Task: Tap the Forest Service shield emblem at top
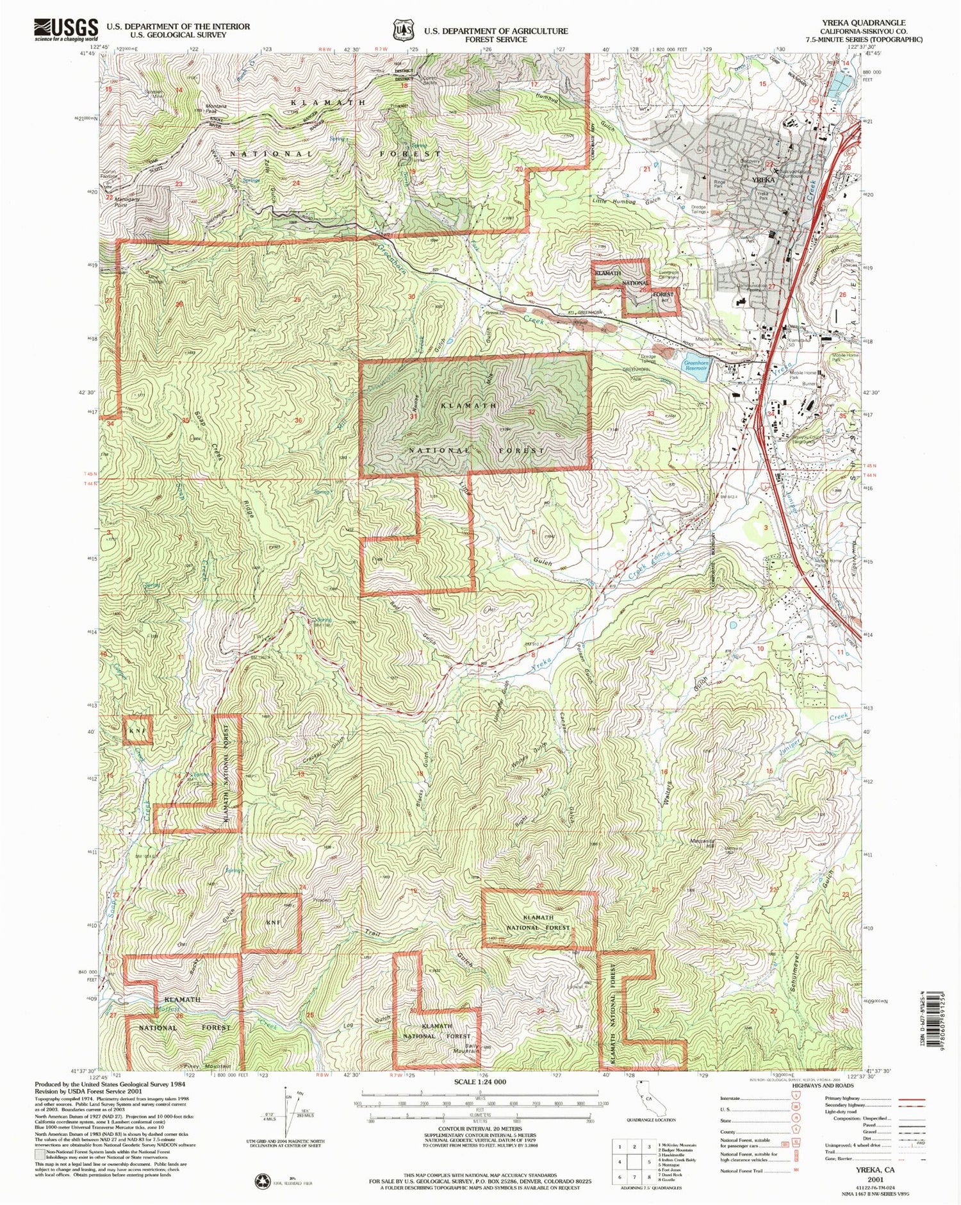point(402,29)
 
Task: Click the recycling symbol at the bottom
point(263,1181)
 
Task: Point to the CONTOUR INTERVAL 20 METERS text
point(480,1147)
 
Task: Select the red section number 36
point(299,420)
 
